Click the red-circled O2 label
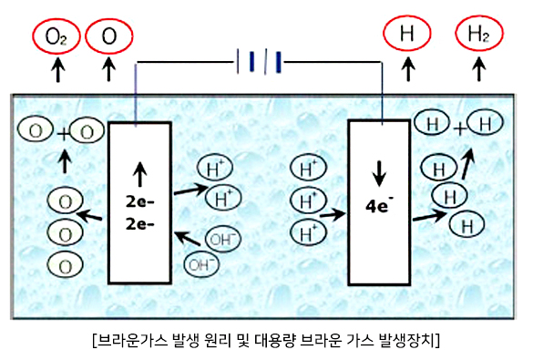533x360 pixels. [56, 36]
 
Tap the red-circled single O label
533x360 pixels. [108, 36]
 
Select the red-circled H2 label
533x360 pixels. [478, 34]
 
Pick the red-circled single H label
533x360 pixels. [407, 34]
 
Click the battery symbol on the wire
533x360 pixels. [259, 62]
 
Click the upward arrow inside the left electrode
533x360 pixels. [139, 174]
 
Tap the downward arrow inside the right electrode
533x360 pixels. [379, 174]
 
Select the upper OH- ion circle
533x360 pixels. [223, 239]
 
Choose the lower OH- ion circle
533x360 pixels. [201, 263]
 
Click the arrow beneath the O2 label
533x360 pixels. [58, 70]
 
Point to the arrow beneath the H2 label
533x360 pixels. [479, 69]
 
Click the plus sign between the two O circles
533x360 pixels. [64, 134]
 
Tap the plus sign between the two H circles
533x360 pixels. [460, 129]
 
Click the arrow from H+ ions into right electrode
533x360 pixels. [333, 214]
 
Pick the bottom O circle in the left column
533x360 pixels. [65, 265]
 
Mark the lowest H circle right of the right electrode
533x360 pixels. [466, 225]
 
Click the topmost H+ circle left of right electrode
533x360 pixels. [308, 168]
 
